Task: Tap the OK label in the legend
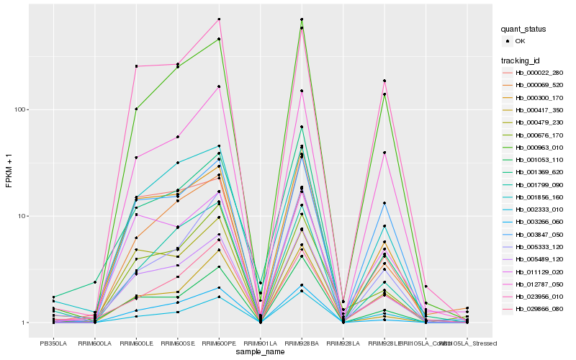point(520,41)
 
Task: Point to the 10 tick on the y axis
point(22,216)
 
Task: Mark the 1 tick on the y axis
point(24,323)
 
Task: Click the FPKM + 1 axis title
point(9,171)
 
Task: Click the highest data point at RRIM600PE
point(219,19)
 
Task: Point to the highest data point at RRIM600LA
point(94,282)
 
